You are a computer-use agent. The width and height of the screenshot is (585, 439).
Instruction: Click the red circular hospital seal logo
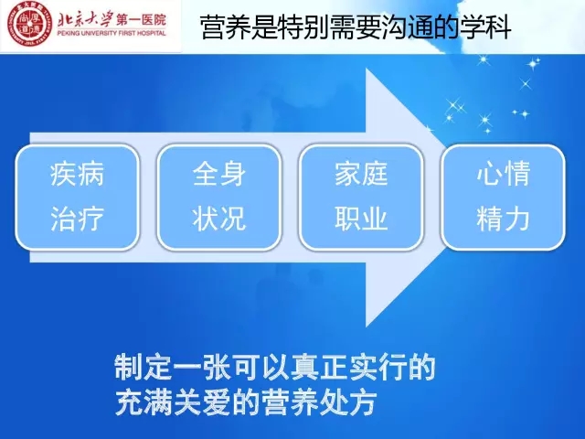tap(28, 27)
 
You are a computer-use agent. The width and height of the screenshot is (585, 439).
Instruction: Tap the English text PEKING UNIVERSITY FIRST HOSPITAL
tap(112, 33)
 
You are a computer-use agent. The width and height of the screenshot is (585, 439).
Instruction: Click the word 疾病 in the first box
tap(77, 175)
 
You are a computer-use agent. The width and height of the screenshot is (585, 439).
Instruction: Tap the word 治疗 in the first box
tap(77, 219)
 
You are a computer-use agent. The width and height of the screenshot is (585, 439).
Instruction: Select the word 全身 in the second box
tap(219, 175)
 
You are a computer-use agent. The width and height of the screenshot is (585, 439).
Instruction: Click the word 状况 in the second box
tap(219, 219)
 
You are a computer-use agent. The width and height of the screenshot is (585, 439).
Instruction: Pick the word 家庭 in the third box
tap(361, 175)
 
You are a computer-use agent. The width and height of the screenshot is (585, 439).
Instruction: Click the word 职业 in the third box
tap(361, 219)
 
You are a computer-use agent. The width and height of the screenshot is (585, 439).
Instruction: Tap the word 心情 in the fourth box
tap(503, 175)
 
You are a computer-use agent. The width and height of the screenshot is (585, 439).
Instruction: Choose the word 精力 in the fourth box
tap(503, 219)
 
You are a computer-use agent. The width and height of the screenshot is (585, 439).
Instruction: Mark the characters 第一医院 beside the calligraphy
tap(141, 20)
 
